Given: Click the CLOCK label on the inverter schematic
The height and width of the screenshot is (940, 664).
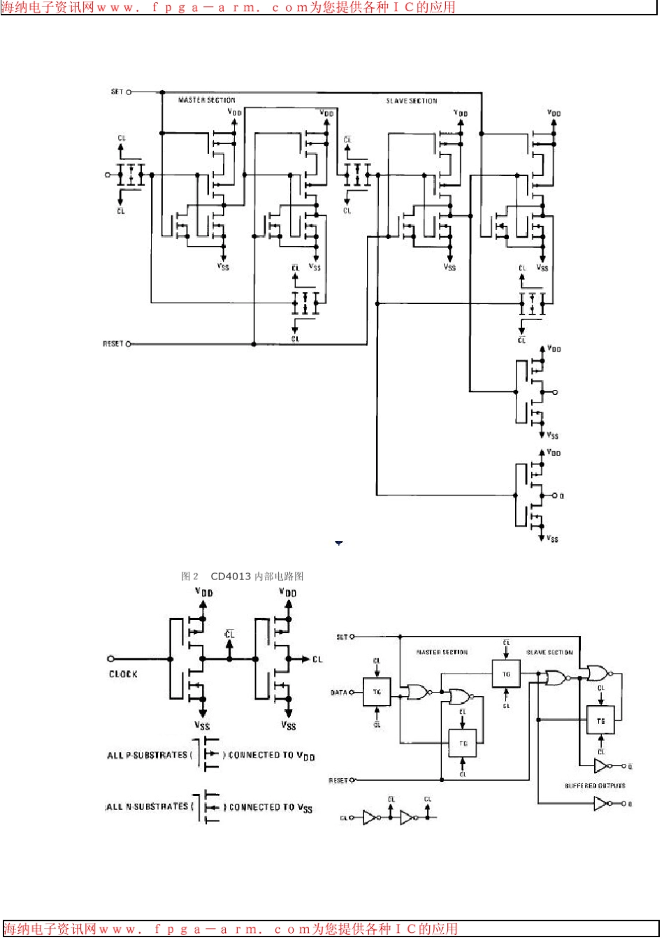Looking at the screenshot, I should point(123,674).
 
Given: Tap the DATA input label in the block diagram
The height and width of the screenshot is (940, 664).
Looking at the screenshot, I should point(339,693).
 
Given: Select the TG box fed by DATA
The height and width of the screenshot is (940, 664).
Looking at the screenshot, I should point(377,692).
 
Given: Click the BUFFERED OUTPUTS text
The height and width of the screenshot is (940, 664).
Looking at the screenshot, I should point(595,786).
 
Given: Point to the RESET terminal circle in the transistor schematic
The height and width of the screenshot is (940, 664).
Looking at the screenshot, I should point(129,344).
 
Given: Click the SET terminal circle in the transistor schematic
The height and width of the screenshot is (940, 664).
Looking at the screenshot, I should point(129,92).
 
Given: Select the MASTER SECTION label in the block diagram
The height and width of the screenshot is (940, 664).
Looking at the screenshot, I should point(442,652).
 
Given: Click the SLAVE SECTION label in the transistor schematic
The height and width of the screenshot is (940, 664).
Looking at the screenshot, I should point(412,101).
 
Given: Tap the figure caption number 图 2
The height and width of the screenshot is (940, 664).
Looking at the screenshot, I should point(189,577).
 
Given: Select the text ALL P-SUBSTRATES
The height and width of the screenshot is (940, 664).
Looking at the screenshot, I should point(147,755).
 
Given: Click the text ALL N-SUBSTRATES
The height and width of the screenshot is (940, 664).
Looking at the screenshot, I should point(147,807).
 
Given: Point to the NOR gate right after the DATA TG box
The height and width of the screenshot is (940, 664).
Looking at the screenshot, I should point(418,693).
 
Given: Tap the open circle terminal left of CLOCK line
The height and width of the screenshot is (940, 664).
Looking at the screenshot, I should point(110,658).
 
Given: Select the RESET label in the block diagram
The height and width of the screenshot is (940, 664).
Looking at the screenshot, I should point(338,780).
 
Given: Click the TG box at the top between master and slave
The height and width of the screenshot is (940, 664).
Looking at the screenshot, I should point(506,674).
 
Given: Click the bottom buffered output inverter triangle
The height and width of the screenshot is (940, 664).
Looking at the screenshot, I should point(600,804).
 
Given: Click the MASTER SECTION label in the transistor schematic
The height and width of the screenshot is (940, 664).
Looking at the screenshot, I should point(207,101).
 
